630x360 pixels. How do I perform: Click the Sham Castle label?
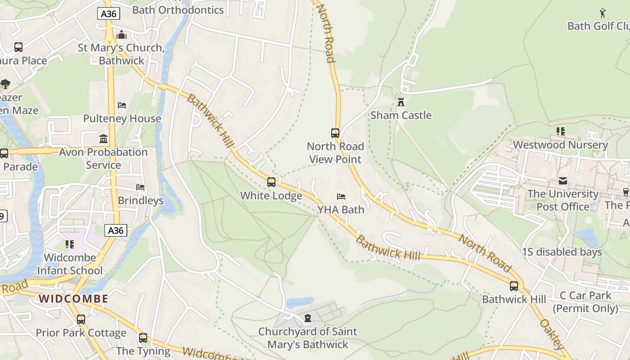pos(400,115)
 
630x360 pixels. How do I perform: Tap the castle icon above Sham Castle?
pos(400,102)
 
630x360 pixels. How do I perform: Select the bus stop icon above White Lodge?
pos(271,182)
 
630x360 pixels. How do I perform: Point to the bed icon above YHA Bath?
pos(341,197)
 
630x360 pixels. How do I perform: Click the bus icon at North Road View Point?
pos(335,133)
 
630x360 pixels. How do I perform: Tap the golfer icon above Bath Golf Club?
pos(603,13)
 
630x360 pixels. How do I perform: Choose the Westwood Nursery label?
pos(560,145)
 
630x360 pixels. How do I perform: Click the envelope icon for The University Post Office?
pos(563,181)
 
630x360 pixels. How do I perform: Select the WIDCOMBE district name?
pos(73,299)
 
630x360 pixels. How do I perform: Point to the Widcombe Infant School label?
pos(70,264)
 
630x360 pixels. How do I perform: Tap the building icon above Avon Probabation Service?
pos(103,139)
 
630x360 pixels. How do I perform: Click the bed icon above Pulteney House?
pos(122,105)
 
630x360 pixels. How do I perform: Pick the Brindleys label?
pos(140,200)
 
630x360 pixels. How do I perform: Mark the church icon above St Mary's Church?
pos(121,35)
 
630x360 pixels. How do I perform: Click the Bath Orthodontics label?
pos(178,10)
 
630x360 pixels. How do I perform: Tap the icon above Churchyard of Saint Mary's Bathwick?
pos(307,319)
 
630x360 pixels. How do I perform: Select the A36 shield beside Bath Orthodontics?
pos(108,13)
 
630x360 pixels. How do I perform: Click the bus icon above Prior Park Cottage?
pos(81,319)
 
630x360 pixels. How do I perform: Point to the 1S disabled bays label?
pos(562,252)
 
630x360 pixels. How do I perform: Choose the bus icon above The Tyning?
pos(143,337)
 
